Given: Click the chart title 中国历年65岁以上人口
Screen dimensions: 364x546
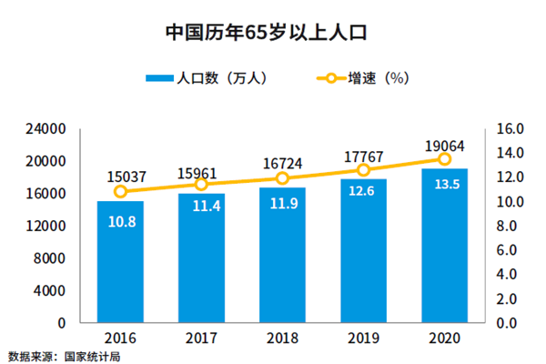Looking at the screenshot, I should coord(272,34).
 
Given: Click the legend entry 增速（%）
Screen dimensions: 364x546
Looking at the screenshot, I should coord(373,79).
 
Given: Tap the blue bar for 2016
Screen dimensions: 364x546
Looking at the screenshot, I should coord(120,264).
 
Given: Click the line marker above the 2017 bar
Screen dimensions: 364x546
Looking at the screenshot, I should coord(201,185).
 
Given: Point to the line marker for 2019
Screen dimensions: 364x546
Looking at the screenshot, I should coord(363,170).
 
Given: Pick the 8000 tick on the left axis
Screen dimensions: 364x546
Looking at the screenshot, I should coord(52,258).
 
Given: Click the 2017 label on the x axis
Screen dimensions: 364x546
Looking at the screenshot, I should coord(201,338).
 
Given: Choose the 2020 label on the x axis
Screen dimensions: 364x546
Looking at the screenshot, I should coord(444,338).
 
